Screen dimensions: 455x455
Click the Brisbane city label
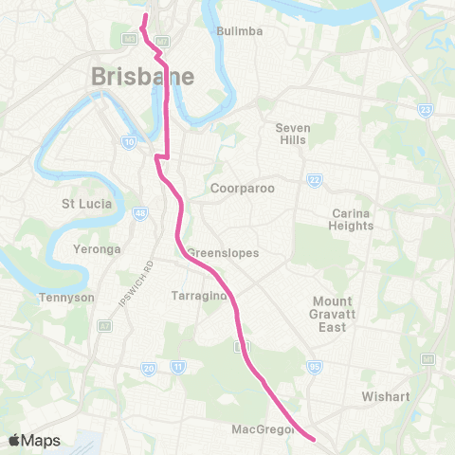point(143,77)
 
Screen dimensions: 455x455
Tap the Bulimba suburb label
point(239,31)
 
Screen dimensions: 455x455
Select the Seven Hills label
point(293,134)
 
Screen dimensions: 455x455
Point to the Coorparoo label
point(243,189)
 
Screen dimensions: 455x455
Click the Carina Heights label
point(351,219)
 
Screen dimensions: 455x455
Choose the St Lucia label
point(87,204)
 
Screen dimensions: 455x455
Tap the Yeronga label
point(90,250)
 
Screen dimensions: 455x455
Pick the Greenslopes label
point(223,253)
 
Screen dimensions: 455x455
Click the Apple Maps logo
point(33,440)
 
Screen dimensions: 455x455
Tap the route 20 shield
point(149,367)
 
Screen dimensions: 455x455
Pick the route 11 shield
point(176,367)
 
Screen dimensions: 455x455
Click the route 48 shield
point(139,215)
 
